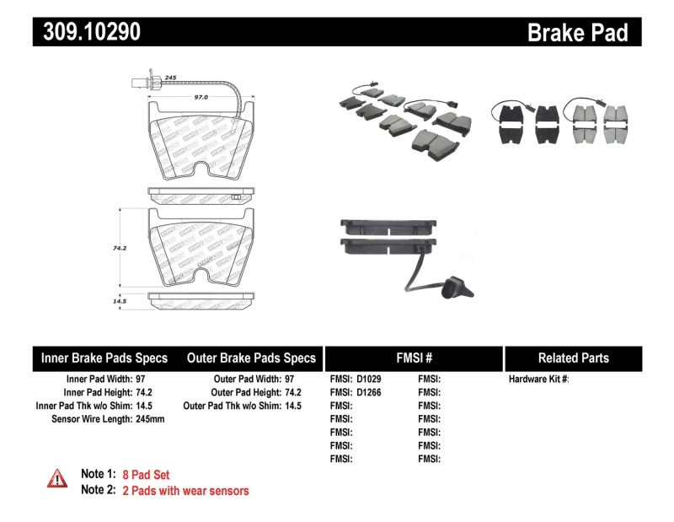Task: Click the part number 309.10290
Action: click(87, 32)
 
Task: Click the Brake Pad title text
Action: click(577, 32)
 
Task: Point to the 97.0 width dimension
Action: click(201, 97)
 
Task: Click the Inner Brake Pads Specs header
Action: click(104, 358)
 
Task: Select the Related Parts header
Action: click(573, 358)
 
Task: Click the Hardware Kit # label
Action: click(538, 379)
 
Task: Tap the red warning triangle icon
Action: click(56, 478)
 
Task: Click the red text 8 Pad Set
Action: click(145, 475)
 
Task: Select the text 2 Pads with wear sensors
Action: click(185, 490)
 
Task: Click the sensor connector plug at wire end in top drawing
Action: click(140, 83)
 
